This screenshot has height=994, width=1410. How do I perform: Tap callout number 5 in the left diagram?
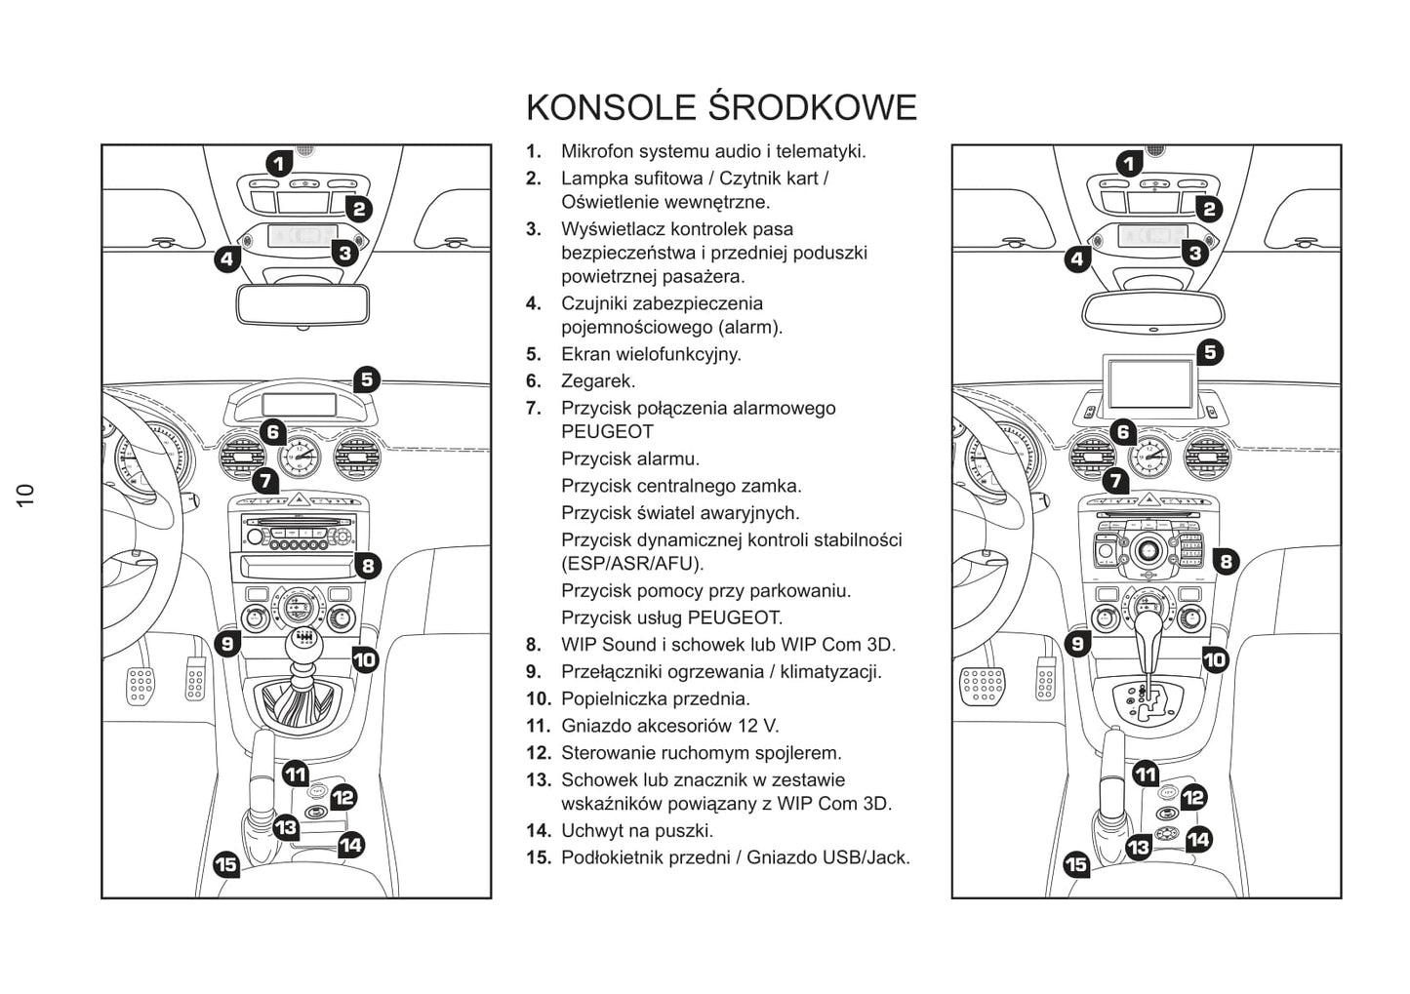[366, 379]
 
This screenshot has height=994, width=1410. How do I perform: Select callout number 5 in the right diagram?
[1210, 352]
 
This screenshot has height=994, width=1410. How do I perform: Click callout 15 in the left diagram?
[225, 864]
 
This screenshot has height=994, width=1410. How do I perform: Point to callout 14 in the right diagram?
[1198, 839]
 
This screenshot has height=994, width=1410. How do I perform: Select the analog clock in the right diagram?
[1148, 457]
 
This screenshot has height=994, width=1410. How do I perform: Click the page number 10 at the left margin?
[25, 494]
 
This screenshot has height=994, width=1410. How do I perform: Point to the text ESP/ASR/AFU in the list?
[632, 564]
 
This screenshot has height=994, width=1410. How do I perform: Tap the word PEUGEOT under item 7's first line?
[607, 432]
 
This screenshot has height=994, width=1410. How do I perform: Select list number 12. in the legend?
[539, 753]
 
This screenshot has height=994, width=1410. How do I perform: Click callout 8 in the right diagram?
[1225, 561]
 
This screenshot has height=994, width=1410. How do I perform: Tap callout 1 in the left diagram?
[278, 163]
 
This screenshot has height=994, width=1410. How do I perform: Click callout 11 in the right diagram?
[1146, 775]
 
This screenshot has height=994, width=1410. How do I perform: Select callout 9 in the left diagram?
[226, 643]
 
